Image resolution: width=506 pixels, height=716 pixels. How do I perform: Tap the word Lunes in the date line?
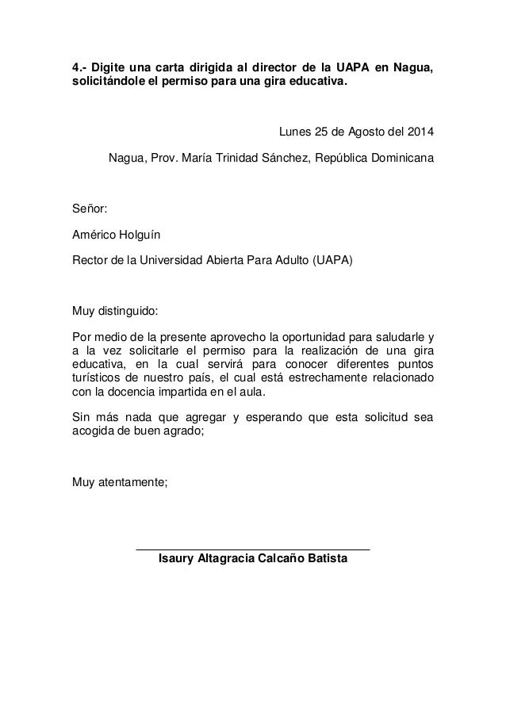(x=293, y=132)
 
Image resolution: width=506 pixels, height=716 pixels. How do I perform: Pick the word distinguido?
(x=128, y=309)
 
